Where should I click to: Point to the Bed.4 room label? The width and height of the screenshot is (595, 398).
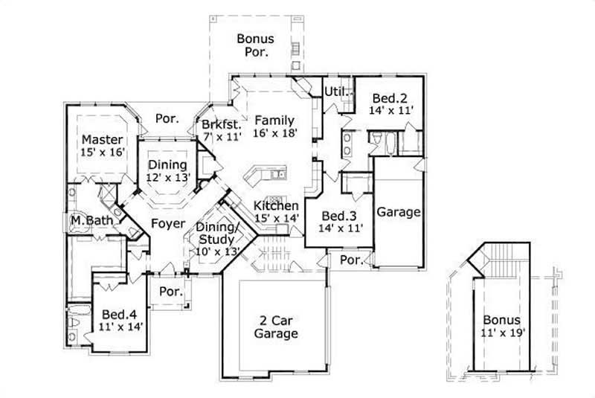118,313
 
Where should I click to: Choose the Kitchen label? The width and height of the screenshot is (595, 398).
276,205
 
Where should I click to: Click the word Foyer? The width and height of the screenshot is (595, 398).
168,223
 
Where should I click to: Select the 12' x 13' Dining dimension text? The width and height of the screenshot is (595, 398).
169,177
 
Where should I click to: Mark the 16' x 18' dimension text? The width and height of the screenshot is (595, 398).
274,133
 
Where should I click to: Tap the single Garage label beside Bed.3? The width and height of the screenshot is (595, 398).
399,212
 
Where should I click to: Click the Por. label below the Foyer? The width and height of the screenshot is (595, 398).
170,292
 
